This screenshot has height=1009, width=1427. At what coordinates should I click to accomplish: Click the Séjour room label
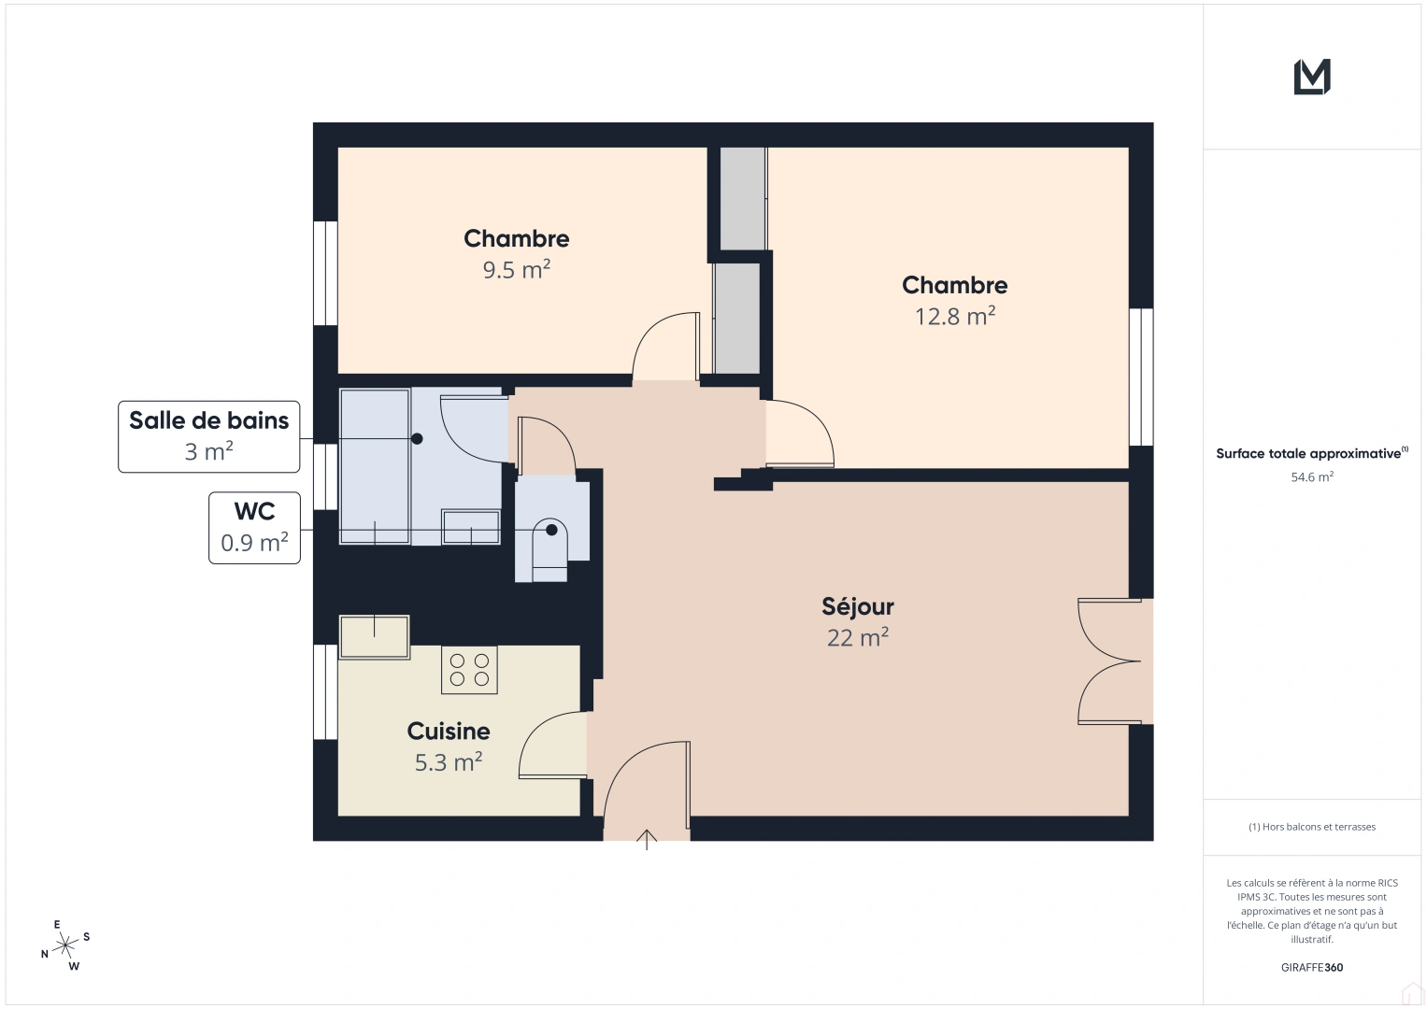tap(857, 607)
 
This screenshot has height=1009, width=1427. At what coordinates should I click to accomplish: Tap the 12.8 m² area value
tap(954, 317)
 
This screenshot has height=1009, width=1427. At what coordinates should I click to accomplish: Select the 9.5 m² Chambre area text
tap(516, 270)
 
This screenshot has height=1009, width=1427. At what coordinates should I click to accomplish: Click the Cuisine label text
tap(448, 731)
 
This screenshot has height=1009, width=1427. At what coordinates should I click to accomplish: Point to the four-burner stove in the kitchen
tap(469, 670)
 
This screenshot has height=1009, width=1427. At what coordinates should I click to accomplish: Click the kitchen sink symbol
tap(374, 636)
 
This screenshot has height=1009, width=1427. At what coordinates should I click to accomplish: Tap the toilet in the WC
tap(549, 550)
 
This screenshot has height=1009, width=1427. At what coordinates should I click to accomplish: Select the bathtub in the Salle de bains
tap(375, 466)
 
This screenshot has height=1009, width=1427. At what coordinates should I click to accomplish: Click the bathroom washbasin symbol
tap(470, 527)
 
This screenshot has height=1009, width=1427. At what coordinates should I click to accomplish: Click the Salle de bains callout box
tap(208, 436)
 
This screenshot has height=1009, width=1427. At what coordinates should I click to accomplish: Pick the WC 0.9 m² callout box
tap(254, 528)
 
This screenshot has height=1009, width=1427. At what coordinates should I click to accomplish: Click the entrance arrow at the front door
tap(647, 838)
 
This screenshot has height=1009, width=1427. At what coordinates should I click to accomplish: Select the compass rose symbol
tap(65, 945)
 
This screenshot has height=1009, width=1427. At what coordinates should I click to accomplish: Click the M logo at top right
tap(1311, 77)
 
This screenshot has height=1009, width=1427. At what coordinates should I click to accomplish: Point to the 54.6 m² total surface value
tap(1311, 477)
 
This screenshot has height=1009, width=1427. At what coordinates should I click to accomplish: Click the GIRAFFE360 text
tap(1311, 968)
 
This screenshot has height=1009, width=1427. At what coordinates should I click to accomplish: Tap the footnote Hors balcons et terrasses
tap(1311, 827)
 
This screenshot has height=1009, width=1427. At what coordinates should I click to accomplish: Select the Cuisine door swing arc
tap(542, 738)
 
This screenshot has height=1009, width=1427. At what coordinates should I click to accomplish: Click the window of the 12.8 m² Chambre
tap(1140, 377)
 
